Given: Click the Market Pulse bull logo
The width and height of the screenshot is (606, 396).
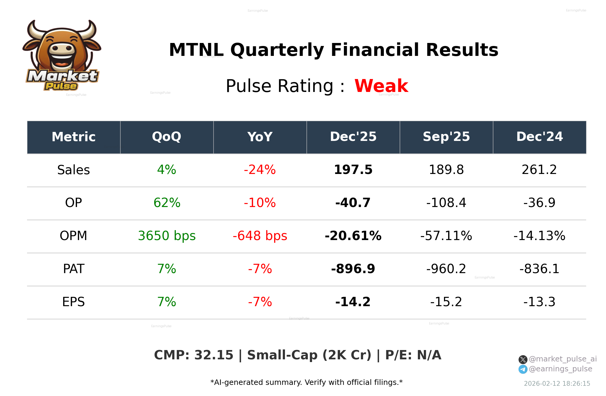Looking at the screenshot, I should click(62, 56).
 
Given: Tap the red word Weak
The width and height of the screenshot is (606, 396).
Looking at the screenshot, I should click(381, 86).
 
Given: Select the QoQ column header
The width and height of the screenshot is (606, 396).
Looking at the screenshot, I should click(167, 137).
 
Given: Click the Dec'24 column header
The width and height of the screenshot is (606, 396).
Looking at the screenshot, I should click(539, 137).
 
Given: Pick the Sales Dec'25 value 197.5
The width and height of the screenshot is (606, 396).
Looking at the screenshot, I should click(353, 170).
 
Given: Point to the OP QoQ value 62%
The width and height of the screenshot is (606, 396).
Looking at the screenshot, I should click(167, 203).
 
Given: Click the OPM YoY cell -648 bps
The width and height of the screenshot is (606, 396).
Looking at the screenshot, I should click(260, 236).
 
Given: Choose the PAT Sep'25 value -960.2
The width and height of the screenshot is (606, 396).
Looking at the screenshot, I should click(446, 269).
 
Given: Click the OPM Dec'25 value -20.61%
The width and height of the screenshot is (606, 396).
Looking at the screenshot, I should click(353, 236).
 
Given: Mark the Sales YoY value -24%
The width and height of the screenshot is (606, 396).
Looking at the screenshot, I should click(260, 170).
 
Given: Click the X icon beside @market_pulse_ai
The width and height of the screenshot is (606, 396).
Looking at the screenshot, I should click(523, 359).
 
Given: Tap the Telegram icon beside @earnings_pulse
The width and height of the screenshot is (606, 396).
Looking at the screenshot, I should click(523, 369).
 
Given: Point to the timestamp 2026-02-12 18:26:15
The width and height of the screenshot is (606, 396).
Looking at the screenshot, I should click(557, 384).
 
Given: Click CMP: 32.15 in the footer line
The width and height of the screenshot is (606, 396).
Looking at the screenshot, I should click(194, 355).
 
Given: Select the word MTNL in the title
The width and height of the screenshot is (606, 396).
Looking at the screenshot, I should click(196, 50).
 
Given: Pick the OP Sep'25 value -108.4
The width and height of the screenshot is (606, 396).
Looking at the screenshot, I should click(446, 203).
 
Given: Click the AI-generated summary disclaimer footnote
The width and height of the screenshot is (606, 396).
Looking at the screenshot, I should click(306, 382).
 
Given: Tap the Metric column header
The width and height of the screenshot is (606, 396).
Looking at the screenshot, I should click(73, 137).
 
